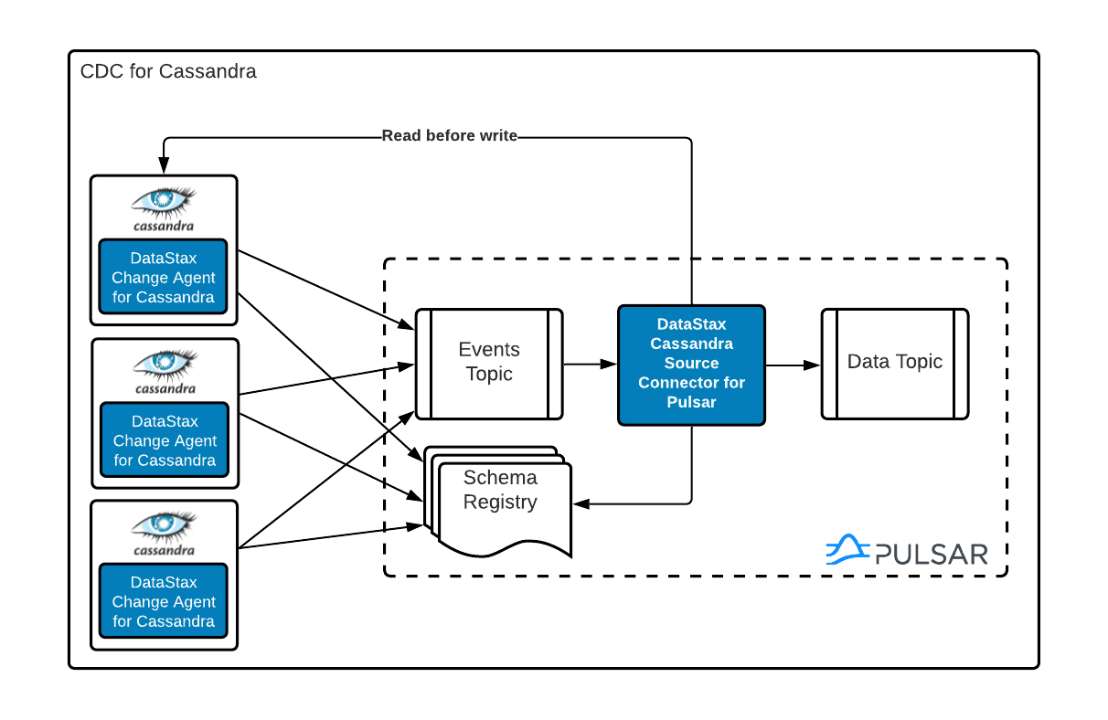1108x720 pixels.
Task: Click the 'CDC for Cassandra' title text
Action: pos(168,71)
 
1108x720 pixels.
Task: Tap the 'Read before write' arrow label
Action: pos(449,136)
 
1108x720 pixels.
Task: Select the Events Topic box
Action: pos(489,363)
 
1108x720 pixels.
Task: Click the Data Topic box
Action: pos(894,363)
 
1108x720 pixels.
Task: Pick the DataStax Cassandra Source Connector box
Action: pos(691,365)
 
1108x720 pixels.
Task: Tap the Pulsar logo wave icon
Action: pos(847,550)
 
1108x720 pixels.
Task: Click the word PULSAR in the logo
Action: pos(931,554)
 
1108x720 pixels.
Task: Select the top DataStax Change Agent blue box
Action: pos(164,278)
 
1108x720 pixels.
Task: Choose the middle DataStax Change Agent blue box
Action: pos(164,440)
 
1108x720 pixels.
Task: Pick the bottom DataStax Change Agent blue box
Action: pos(164,601)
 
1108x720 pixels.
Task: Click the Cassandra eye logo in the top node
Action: pos(164,202)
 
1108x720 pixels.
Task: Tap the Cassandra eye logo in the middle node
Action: pos(164,364)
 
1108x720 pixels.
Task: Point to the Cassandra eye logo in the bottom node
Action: pos(164,525)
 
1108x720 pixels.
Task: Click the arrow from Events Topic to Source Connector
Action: pos(590,365)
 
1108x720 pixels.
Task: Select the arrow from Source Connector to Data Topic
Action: pos(792,365)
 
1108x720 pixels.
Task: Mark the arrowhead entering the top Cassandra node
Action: pos(164,167)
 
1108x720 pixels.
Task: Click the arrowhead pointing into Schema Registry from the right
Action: pos(580,503)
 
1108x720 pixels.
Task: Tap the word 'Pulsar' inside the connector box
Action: pos(691,401)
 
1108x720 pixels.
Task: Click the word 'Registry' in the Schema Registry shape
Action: pos(500,502)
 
